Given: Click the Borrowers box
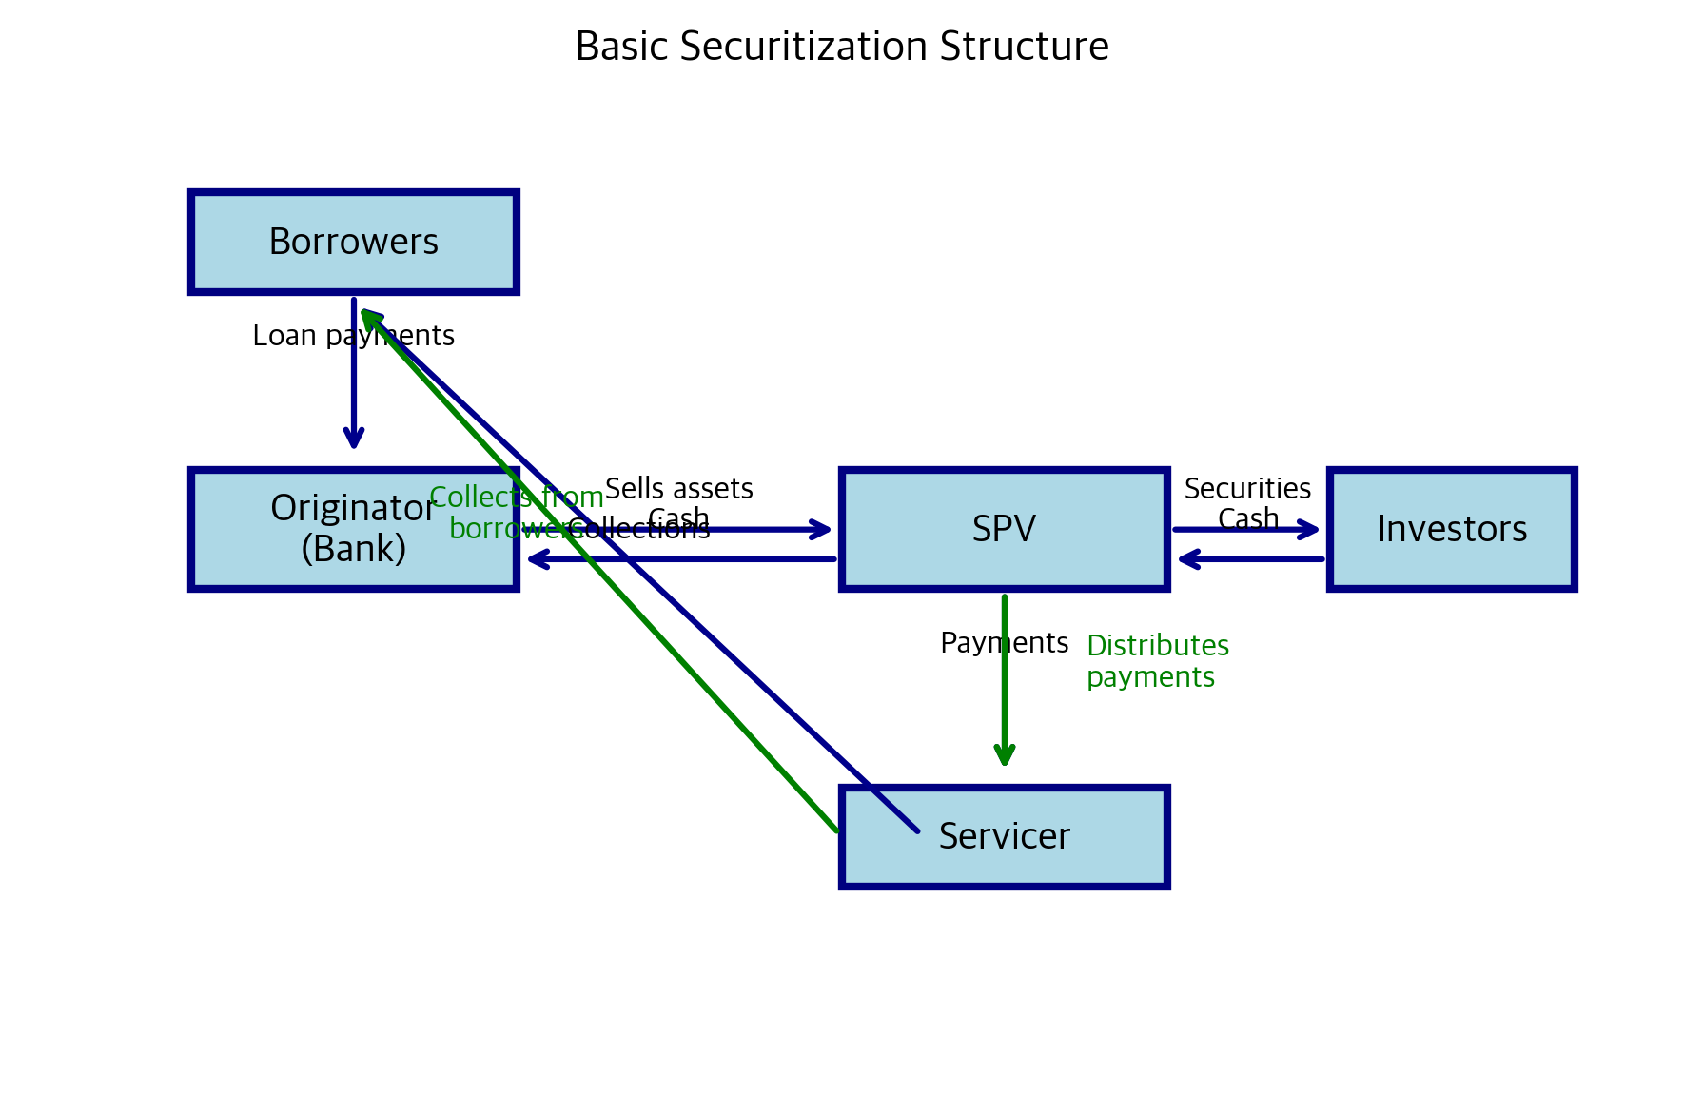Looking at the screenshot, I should pyautogui.click(x=354, y=242).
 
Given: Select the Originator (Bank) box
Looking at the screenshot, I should pyautogui.click(x=285, y=561).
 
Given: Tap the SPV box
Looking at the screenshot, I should pyautogui.click(x=1004, y=529).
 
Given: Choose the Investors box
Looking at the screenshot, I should pyautogui.click(x=1452, y=529).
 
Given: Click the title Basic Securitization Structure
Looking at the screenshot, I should pyautogui.click(x=842, y=47).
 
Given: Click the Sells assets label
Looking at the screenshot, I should pyautogui.click(x=678, y=488).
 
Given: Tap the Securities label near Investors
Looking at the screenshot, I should pyautogui.click(x=1247, y=488).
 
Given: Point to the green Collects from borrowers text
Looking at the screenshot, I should pyautogui.click(x=516, y=512).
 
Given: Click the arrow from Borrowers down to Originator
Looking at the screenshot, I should pyautogui.click(x=354, y=381).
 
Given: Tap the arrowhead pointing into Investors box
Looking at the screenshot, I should pyautogui.click(x=1310, y=530).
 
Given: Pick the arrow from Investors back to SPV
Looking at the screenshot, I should pyautogui.click(x=1251, y=559).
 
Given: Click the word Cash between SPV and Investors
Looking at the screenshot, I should pyautogui.click(x=1247, y=518).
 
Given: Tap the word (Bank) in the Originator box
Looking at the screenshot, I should pyautogui.click(x=353, y=549).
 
